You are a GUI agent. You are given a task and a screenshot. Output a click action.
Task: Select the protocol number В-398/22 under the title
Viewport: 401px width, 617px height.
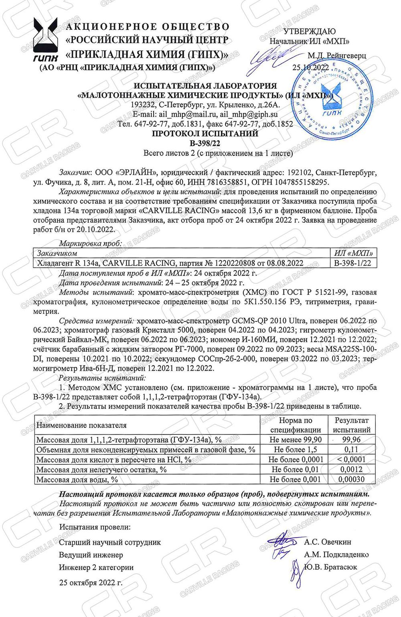point(205,143)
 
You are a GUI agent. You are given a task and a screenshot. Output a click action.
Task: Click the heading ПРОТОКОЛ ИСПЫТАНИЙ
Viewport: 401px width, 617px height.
point(205,134)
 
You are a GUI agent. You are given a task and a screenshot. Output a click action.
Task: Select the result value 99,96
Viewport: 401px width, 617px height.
point(352,440)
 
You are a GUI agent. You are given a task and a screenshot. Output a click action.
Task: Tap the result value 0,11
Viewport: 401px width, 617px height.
point(352,450)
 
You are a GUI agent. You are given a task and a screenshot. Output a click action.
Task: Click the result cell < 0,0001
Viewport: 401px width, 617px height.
point(352,460)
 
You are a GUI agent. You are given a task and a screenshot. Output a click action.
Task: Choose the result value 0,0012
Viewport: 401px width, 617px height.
point(352,469)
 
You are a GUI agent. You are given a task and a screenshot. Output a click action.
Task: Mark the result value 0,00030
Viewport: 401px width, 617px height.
point(352,479)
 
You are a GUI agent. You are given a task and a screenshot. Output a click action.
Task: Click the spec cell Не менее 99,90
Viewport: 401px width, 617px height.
point(296,440)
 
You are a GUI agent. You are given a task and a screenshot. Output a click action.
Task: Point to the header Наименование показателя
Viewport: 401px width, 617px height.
point(81,425)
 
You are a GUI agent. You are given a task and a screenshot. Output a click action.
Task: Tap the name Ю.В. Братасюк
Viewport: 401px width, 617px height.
point(330,567)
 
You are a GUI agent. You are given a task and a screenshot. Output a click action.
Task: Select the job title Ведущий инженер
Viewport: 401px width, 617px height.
point(91,555)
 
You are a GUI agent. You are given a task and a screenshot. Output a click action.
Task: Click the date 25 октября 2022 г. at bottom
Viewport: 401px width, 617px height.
point(91,582)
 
